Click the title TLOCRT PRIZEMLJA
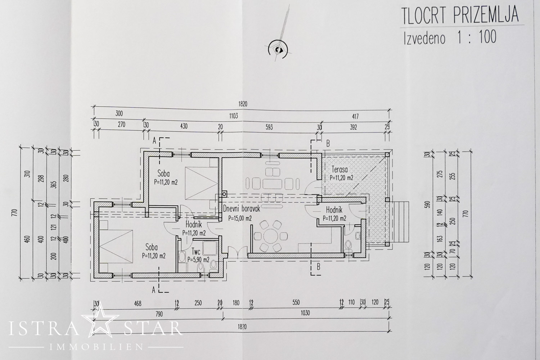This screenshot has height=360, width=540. click(460, 16)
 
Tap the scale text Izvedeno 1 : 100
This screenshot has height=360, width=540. click(450, 38)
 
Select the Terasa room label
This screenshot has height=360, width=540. click(339, 169)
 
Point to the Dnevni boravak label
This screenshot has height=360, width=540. click(242, 208)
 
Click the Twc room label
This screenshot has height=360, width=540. click(196, 252)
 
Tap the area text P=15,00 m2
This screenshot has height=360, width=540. click(240, 219)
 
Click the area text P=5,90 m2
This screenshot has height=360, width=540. click(198, 260)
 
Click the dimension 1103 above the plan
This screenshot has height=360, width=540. click(233, 116)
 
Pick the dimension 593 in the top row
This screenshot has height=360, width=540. click(269, 127)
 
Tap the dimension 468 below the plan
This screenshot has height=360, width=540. click(138, 303)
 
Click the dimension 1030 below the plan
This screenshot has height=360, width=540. click(305, 313)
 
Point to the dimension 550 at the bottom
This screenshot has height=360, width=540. click(296, 302)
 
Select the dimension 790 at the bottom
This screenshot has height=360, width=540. click(159, 314)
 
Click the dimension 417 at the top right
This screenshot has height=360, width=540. click(355, 117)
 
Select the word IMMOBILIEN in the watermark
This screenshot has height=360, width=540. click(97, 347)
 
